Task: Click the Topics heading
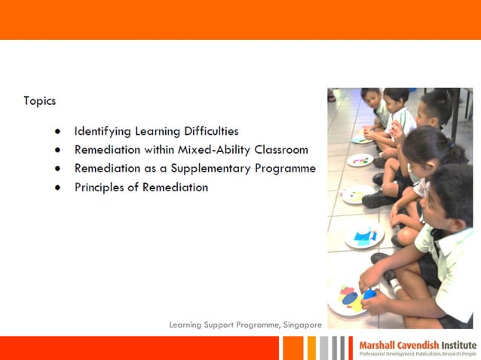point(39,101)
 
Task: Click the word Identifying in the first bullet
point(103,131)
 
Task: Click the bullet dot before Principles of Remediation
point(57,188)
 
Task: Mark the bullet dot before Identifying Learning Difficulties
point(57,131)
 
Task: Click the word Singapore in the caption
point(303,325)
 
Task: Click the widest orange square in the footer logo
point(293,348)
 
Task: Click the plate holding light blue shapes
point(364,236)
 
